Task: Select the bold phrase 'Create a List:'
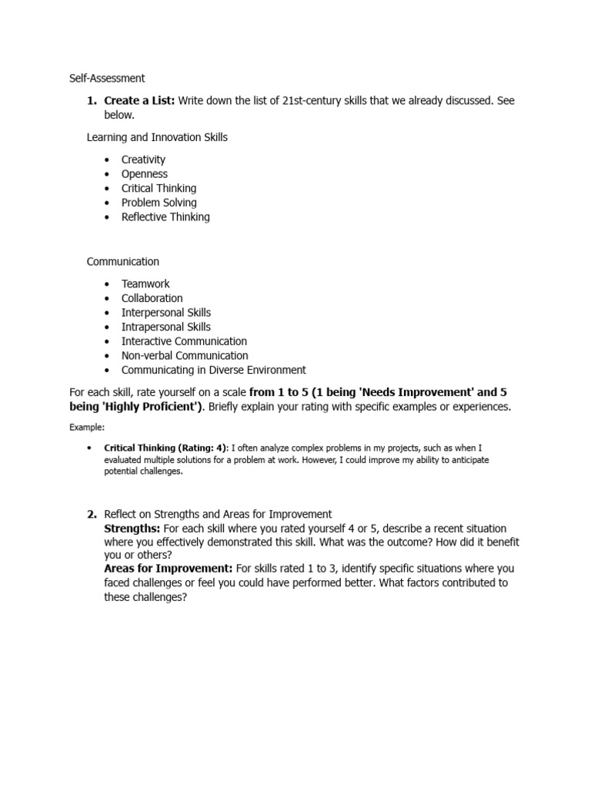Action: (139, 101)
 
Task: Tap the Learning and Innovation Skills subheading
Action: (157, 137)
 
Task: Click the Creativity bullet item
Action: (143, 159)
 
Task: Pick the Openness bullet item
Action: (144, 174)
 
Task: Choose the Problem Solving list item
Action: (159, 203)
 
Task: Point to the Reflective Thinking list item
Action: (165, 217)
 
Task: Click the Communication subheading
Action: (123, 262)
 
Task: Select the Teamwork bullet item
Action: (145, 284)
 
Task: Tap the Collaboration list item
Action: (152, 298)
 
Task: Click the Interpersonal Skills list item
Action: (165, 313)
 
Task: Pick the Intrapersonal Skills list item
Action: (165, 327)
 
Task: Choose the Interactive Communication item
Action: (184, 341)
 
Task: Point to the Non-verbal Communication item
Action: (185, 356)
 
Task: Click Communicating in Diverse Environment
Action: (213, 370)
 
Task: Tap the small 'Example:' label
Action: (86, 426)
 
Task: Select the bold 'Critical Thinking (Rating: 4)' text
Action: (165, 448)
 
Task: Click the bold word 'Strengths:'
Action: (132, 529)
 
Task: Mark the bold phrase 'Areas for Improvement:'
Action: (169, 569)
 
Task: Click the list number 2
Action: (91, 514)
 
